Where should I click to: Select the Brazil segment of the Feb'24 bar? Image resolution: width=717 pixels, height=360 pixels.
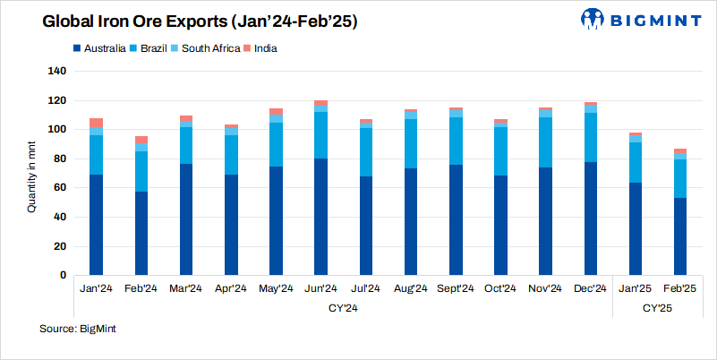click(141, 171)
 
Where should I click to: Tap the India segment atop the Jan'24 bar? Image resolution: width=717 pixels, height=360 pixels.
click(97, 122)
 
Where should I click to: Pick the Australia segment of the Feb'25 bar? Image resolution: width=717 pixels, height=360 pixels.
click(680, 236)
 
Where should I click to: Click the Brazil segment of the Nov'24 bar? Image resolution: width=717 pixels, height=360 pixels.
click(545, 142)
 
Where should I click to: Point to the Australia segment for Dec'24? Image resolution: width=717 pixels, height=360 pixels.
click(590, 219)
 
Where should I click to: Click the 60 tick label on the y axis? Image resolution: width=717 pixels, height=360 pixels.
click(59, 188)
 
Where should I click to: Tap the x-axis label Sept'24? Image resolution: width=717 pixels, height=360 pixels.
click(456, 288)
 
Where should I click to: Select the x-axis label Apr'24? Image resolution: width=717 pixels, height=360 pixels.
click(231, 288)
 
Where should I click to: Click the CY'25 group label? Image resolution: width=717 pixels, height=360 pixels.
click(657, 308)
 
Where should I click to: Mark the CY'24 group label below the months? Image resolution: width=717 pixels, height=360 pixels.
click(343, 308)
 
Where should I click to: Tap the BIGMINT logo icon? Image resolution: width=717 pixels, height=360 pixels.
click(593, 19)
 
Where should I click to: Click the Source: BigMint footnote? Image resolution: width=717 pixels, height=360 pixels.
click(78, 330)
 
